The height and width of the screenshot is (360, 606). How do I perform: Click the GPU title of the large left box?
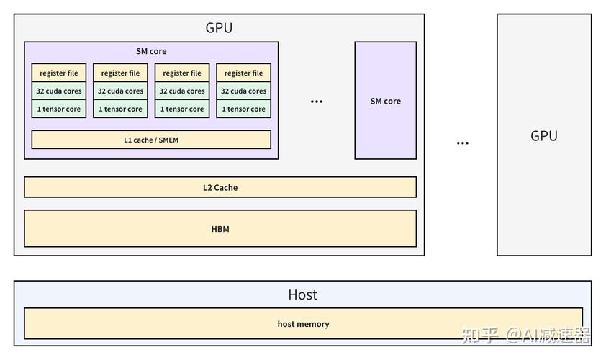pyautogui.click(x=219, y=28)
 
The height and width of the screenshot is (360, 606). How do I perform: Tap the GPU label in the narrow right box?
pyautogui.click(x=544, y=136)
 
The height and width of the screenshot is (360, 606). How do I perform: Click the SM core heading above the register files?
pyautogui.click(x=151, y=51)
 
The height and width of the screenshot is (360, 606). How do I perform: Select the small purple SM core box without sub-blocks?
pyautogui.click(x=385, y=101)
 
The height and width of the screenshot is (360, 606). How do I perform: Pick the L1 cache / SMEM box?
pyautogui.click(x=151, y=140)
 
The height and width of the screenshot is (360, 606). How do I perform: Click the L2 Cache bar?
pyautogui.click(x=220, y=187)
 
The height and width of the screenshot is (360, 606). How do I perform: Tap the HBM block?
pyautogui.click(x=220, y=228)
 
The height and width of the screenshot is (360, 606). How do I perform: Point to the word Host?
pyautogui.click(x=302, y=294)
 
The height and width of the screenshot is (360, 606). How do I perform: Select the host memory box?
pyautogui.click(x=304, y=324)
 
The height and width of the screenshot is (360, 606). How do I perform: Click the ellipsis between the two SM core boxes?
pyautogui.click(x=317, y=102)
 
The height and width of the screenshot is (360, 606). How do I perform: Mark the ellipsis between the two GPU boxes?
pyautogui.click(x=463, y=143)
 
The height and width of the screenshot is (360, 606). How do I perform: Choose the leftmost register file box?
pyautogui.click(x=59, y=73)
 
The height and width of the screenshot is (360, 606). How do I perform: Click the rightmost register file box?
pyautogui.click(x=243, y=73)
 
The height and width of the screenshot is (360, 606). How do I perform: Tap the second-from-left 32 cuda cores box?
pyautogui.click(x=120, y=91)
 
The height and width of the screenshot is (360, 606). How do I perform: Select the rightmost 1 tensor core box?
pyautogui.click(x=243, y=109)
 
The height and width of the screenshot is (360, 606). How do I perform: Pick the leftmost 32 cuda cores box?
pyautogui.click(x=59, y=91)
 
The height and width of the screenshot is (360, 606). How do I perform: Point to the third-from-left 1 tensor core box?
pyautogui.click(x=182, y=109)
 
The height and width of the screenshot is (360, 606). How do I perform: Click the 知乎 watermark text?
pyautogui.click(x=479, y=335)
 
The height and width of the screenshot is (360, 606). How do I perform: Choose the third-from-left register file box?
pyautogui.click(x=182, y=73)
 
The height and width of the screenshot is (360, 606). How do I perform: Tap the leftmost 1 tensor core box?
pyautogui.click(x=59, y=109)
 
